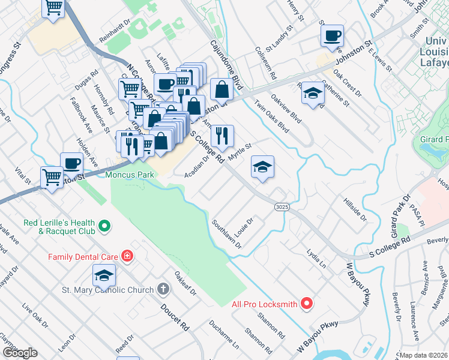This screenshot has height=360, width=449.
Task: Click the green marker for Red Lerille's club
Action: tap(104, 226)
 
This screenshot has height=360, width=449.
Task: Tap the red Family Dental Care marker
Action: tap(127, 257)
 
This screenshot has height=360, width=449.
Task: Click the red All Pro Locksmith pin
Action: tap(307, 304)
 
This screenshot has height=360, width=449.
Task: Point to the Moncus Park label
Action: tap(130, 175)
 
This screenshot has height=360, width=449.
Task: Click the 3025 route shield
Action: tap(282, 206)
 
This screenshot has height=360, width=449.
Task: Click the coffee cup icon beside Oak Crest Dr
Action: tap(331, 35)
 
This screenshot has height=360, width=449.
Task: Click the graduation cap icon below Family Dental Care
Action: tap(104, 275)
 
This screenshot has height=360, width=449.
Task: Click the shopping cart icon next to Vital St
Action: tap(52, 176)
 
